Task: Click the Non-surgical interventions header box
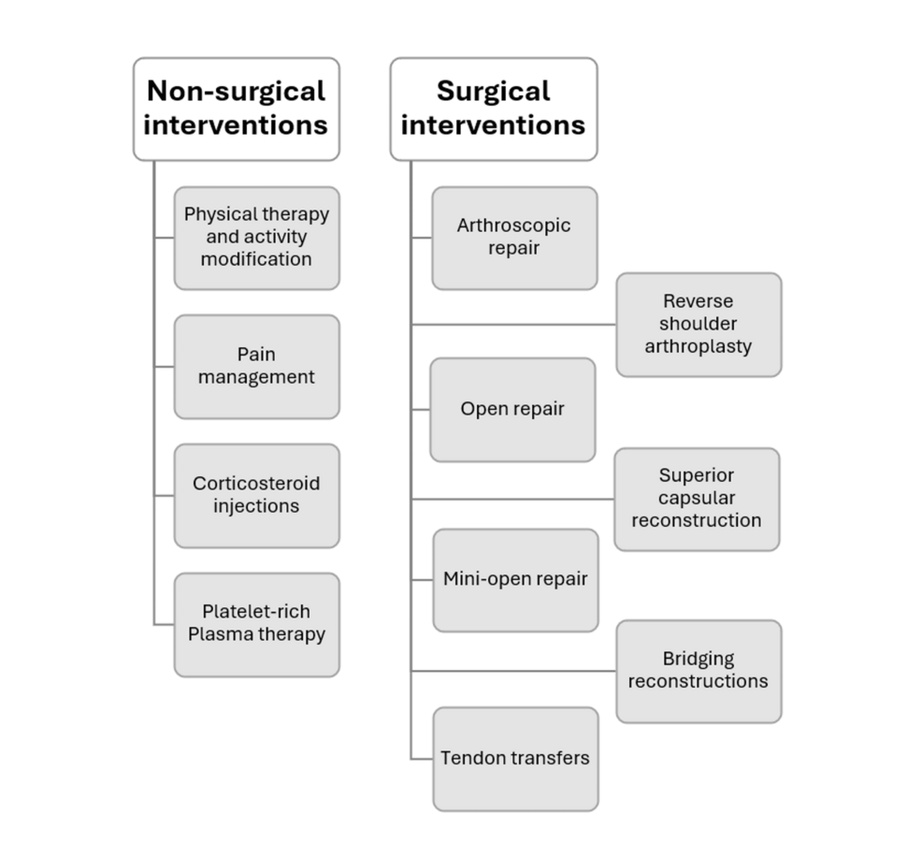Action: coord(236,109)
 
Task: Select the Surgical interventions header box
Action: coord(493,109)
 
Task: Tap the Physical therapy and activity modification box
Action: coord(256,238)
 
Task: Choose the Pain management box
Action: coord(256,366)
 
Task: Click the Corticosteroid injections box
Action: coord(256,495)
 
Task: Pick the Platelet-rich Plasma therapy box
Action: coord(256,624)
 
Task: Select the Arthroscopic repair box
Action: coord(513,238)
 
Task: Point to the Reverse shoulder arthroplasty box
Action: coord(698,324)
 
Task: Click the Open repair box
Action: coord(511,409)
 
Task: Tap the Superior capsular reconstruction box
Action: coord(696,499)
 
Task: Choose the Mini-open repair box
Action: coord(514,579)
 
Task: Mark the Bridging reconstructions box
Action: coord(698,670)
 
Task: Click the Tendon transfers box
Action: coord(514,758)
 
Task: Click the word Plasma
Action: coord(222,634)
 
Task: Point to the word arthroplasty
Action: coord(698,346)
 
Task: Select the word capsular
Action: coord(696,498)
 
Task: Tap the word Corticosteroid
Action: coord(256,484)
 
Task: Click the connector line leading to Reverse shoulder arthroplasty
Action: coord(513,325)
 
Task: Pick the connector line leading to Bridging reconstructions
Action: coord(513,671)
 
